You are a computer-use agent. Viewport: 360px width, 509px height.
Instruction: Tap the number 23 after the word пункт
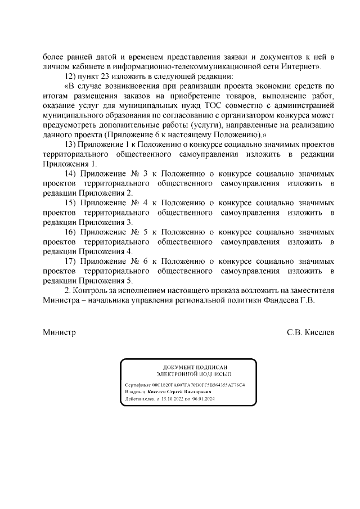pos(108,76)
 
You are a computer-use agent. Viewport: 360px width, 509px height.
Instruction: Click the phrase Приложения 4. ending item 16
pos(106,251)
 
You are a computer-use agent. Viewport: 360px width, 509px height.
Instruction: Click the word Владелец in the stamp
pos(135,392)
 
